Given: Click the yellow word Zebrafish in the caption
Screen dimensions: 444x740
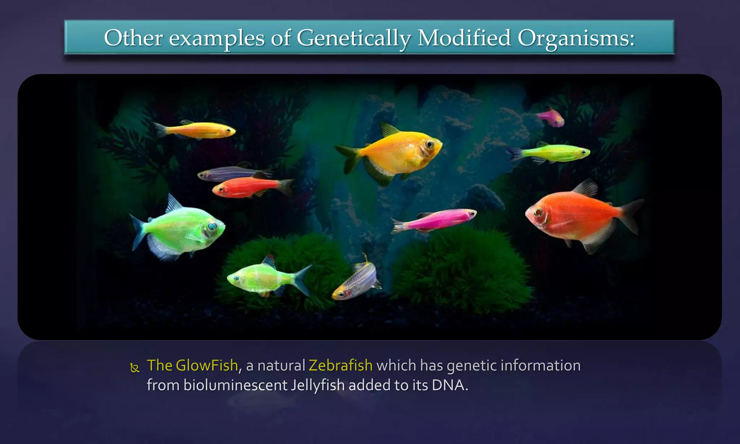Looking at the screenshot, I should pyautogui.click(x=340, y=366).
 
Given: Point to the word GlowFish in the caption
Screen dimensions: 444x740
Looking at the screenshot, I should pyautogui.click(x=207, y=366).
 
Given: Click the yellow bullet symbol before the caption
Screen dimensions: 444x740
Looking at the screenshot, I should pyautogui.click(x=135, y=368).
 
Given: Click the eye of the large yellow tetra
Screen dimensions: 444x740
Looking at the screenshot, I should pyautogui.click(x=429, y=145).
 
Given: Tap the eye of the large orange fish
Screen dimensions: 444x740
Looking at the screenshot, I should pyautogui.click(x=539, y=212).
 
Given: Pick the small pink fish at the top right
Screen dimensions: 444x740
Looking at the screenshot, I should pyautogui.click(x=551, y=118).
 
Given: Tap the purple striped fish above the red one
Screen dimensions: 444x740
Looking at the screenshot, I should pyautogui.click(x=231, y=173).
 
